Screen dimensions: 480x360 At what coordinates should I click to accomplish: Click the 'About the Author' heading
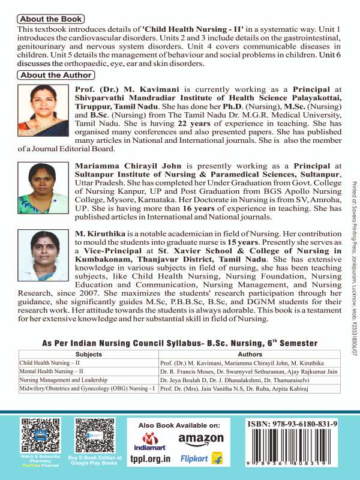click(56, 75)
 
